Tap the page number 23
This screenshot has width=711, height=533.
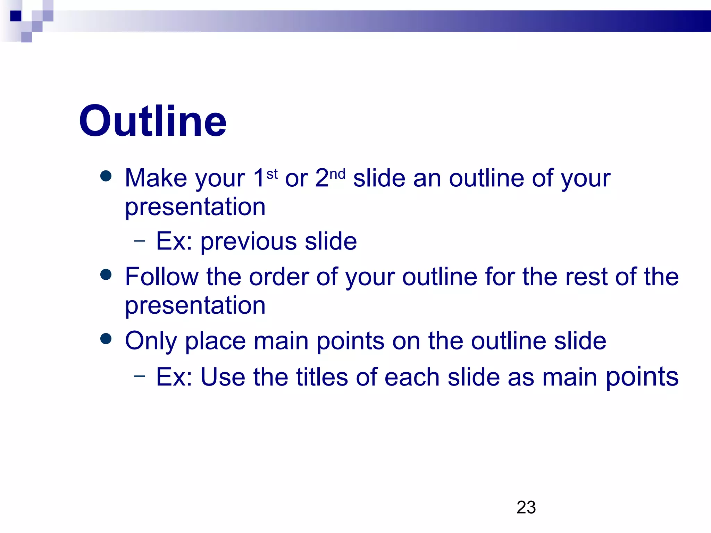coord(526,507)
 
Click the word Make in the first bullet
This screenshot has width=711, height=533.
coord(156,178)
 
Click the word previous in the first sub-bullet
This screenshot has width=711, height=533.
coord(249,242)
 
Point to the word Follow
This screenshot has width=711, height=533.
coord(162,277)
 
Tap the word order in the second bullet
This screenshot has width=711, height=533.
coord(279,277)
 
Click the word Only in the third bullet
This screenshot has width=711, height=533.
coord(151,341)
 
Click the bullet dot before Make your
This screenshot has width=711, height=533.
coord(106,176)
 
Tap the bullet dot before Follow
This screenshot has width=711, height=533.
coord(106,274)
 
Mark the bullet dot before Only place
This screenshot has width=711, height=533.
coord(106,339)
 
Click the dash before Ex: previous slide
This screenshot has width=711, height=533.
coord(140,240)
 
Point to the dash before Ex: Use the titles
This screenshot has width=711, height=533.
coord(140,375)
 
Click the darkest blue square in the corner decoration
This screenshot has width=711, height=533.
coord(16,16)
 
